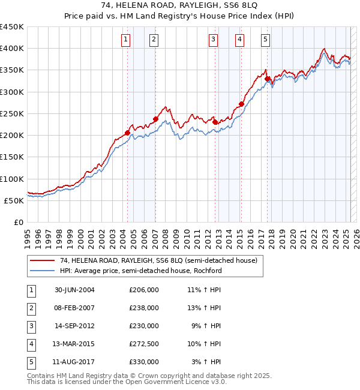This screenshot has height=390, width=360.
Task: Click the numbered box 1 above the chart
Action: point(126,40)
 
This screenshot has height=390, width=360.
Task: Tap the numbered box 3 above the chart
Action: point(213,40)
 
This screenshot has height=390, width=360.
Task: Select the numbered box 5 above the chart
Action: point(265,40)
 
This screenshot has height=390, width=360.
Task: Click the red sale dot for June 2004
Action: point(128,133)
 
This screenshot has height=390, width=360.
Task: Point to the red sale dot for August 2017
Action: point(268,79)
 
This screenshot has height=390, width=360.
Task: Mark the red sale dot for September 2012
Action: point(215,122)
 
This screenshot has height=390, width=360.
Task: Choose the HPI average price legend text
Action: point(140,271)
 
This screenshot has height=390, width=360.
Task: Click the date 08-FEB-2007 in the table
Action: point(75,308)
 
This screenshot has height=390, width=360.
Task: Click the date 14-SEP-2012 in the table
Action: point(75,326)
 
